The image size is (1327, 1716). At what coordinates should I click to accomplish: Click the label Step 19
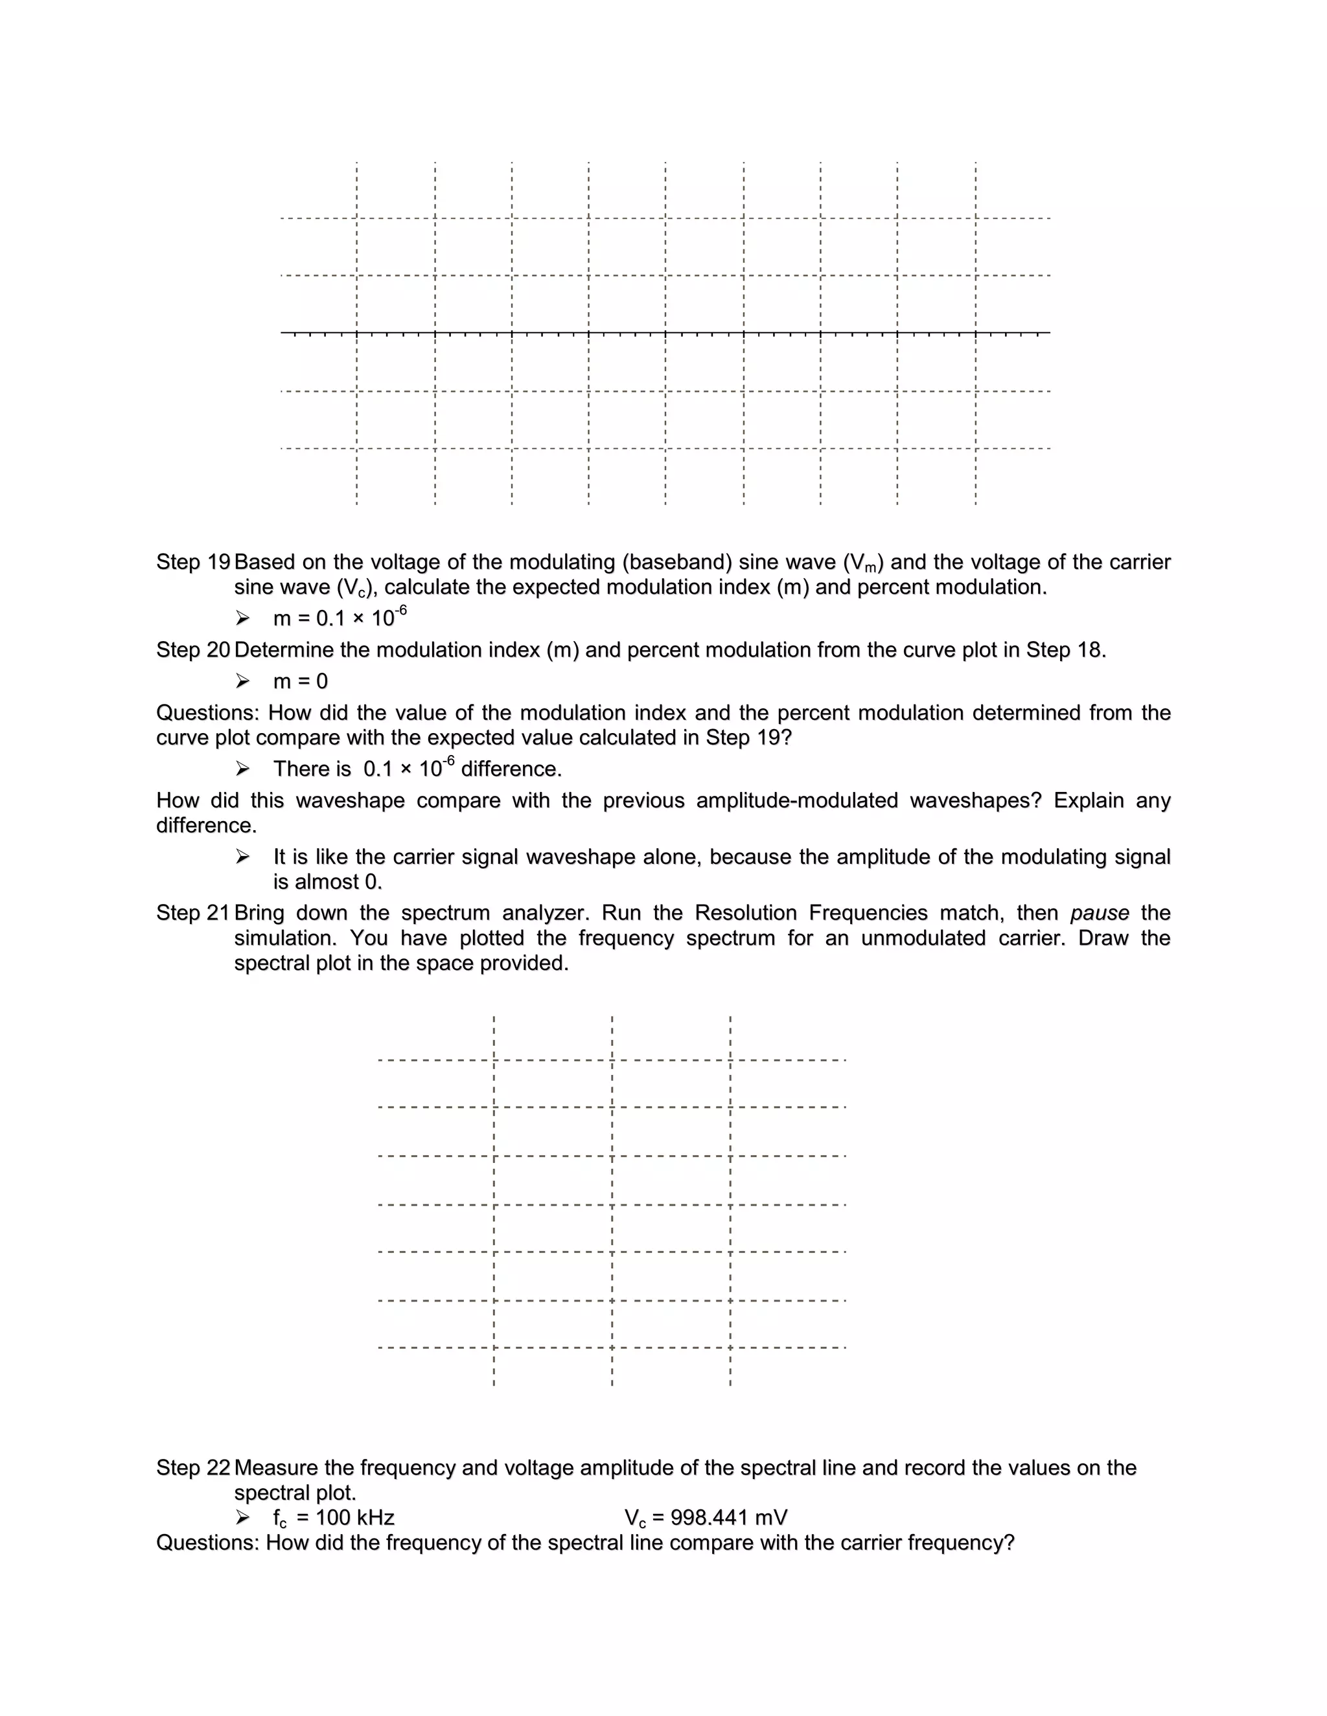click(x=192, y=562)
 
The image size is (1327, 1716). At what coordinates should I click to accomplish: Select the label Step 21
click(x=192, y=913)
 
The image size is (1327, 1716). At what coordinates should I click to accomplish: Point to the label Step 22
click(x=192, y=1468)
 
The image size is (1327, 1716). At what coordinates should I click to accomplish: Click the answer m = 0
click(x=300, y=681)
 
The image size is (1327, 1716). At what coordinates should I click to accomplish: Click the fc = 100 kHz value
click(x=333, y=1518)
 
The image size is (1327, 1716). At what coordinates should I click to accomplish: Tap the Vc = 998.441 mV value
click(x=706, y=1518)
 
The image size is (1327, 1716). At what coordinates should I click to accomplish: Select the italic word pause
click(x=1099, y=913)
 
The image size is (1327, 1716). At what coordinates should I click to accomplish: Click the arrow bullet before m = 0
click(x=242, y=681)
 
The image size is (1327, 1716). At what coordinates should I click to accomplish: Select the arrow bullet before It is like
click(x=242, y=857)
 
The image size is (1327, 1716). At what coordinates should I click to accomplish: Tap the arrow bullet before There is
click(x=242, y=769)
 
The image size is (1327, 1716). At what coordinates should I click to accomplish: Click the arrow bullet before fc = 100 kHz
click(x=242, y=1518)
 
